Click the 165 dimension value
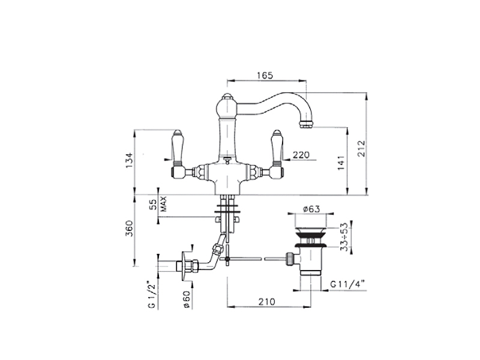tap(265, 76)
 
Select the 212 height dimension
tap(362, 148)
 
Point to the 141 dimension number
tap(341, 163)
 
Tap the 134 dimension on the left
tap(130, 160)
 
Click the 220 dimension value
tap(301, 155)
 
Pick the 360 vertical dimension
tap(130, 228)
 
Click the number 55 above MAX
tap(153, 204)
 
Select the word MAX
tap(164, 204)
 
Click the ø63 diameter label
tap(311, 209)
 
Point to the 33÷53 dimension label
tap(344, 237)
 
